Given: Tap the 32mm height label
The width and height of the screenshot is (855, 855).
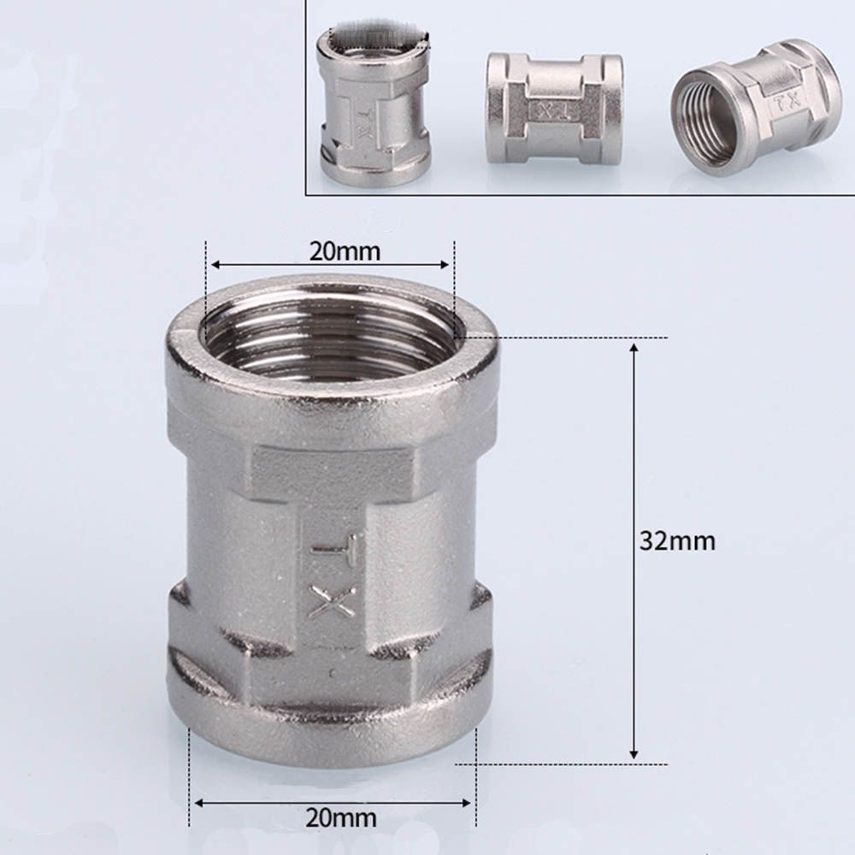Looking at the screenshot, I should click(x=677, y=541).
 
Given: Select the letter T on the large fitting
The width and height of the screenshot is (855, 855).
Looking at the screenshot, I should click(x=334, y=548).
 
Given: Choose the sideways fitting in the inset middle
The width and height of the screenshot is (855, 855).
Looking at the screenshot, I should click(x=554, y=109).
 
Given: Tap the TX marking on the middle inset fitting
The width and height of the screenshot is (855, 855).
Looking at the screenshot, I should click(x=553, y=110).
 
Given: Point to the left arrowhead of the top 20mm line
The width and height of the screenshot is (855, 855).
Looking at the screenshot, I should click(x=214, y=264).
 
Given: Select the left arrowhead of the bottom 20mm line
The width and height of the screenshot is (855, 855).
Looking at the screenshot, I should click(x=196, y=802).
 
